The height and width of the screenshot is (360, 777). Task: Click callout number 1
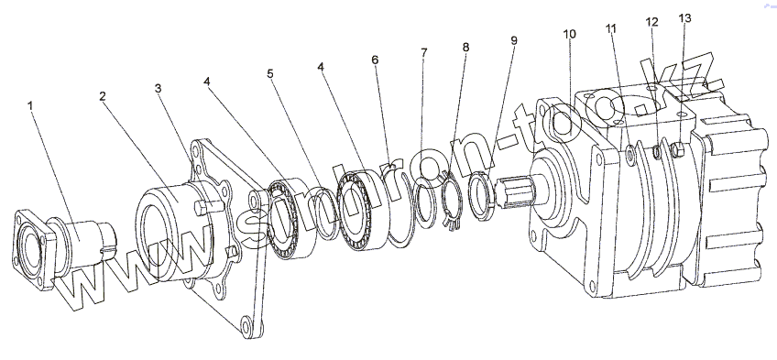tap(30, 105)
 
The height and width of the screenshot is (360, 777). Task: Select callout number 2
tap(102, 96)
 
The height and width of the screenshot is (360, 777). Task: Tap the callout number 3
tap(159, 88)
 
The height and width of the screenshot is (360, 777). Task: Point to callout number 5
tap(270, 74)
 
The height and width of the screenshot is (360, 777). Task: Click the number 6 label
tap(375, 60)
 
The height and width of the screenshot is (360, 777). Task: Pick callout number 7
tap(423, 52)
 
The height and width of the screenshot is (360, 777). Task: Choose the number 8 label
tap(465, 47)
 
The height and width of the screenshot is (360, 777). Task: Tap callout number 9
tap(514, 40)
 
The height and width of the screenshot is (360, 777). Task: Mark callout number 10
tap(570, 34)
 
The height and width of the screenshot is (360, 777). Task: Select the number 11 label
tap(611, 28)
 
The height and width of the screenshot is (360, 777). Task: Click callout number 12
tap(652, 22)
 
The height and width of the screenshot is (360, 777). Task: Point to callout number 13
tap(684, 18)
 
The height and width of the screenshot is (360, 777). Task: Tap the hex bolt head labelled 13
tap(678, 149)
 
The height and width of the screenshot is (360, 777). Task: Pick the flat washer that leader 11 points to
tap(630, 156)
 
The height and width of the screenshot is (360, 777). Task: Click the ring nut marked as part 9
tap(480, 194)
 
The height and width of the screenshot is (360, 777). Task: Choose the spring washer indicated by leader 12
tap(655, 153)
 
